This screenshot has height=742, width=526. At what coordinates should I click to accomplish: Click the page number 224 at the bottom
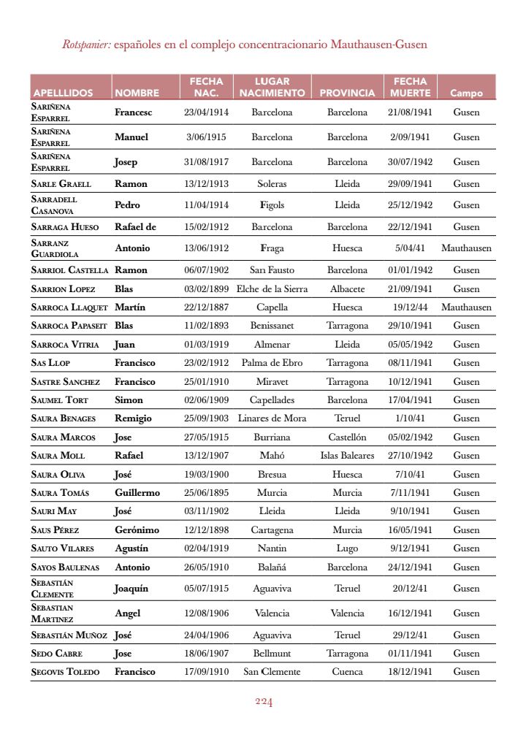(x=264, y=703)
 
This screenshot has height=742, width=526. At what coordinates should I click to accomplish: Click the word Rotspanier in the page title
(x=86, y=45)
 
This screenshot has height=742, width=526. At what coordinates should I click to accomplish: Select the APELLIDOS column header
(x=63, y=93)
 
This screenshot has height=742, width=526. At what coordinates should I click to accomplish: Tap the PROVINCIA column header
(x=347, y=93)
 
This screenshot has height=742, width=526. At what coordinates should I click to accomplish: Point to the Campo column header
(x=466, y=93)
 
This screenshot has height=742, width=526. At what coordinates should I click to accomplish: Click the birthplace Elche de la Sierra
(x=272, y=289)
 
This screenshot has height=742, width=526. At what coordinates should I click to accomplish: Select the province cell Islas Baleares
(x=347, y=456)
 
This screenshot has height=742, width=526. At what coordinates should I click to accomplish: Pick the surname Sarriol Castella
(x=70, y=270)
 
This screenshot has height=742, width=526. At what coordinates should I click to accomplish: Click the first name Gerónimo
(x=137, y=530)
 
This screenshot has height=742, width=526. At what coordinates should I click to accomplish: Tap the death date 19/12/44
(x=410, y=307)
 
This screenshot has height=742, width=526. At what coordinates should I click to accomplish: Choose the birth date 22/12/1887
(x=207, y=307)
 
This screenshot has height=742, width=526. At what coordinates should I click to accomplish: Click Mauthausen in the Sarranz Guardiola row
(x=466, y=248)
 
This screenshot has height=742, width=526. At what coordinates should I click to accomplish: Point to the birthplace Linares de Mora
(x=272, y=418)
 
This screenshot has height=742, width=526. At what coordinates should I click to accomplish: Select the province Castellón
(x=347, y=437)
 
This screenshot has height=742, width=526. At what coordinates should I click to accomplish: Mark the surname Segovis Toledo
(x=66, y=672)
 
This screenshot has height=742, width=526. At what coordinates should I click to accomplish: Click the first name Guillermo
(x=137, y=493)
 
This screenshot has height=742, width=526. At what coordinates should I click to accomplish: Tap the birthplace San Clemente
(x=272, y=672)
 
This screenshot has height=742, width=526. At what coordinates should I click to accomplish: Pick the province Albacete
(x=347, y=289)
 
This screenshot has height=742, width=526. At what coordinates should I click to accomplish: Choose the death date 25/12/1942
(x=410, y=205)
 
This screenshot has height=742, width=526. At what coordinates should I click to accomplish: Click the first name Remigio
(x=133, y=418)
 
